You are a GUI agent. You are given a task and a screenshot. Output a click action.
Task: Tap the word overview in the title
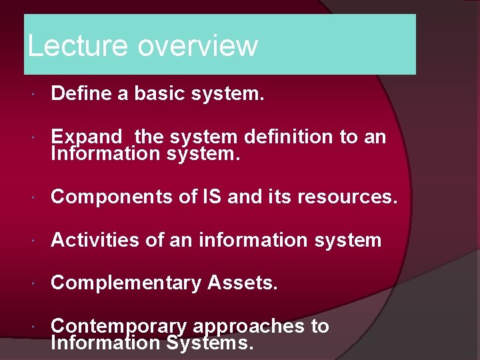coord(197,45)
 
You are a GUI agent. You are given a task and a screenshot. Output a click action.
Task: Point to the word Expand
coord(87,137)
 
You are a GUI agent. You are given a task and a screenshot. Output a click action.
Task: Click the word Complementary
coord(126,283)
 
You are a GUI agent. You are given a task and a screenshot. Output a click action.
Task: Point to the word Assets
coord(242,283)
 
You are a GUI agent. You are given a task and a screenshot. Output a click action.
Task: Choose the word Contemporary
coord(119,326)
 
